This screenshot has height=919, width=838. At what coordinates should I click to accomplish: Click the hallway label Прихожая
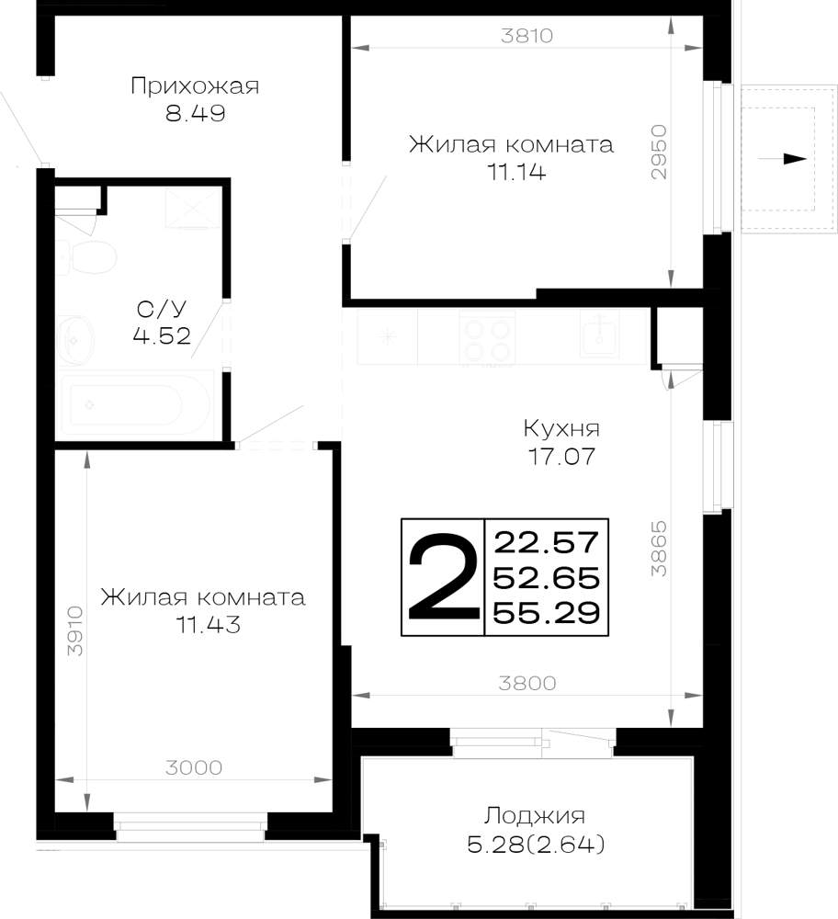point(195,86)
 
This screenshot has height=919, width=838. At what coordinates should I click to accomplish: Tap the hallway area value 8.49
point(195,113)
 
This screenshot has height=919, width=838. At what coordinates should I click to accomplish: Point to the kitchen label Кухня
point(561,429)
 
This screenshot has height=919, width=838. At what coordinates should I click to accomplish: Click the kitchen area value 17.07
point(561,456)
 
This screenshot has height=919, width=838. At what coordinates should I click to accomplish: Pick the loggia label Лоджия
point(535,816)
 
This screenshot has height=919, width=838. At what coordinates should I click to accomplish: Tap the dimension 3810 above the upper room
point(527,36)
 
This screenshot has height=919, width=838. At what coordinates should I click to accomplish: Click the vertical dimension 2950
point(659,152)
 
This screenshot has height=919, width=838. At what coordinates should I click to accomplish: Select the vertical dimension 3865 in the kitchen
point(659,548)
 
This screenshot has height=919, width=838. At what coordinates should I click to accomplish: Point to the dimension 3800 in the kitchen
point(527,683)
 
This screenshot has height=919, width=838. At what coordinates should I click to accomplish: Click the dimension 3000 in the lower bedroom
point(193,767)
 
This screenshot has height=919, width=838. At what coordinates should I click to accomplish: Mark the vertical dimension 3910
point(75,630)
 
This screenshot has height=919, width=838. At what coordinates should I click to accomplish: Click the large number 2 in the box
point(443,577)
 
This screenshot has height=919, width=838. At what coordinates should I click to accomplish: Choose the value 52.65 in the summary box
point(547,578)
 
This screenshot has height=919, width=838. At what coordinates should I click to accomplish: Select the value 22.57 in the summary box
point(547,542)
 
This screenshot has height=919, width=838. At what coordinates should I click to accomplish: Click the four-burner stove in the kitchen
point(487,341)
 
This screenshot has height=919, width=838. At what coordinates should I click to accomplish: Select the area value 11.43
point(208,625)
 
